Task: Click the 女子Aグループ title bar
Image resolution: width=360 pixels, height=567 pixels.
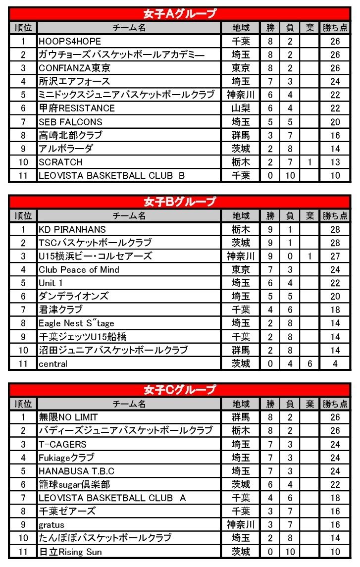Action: [180, 14]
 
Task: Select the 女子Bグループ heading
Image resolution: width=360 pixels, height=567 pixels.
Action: [180, 202]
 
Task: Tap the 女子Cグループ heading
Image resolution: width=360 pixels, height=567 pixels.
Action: [180, 390]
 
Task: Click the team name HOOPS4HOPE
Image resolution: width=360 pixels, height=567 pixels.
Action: [70, 41]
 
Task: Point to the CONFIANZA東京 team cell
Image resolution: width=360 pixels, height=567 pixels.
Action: [75, 68]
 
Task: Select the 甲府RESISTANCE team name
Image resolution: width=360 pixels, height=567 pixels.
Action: [77, 108]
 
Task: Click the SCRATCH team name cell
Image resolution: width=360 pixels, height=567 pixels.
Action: [61, 162]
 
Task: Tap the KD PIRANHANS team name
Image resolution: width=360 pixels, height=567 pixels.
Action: [72, 229]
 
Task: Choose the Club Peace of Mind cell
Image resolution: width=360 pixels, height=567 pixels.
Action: [79, 269]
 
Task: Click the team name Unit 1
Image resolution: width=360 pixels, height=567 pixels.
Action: [51, 283]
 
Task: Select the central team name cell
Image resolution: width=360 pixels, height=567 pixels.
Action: [53, 363]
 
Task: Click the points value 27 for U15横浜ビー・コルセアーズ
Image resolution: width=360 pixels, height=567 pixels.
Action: [335, 256]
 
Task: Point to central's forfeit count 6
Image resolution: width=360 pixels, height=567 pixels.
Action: [309, 363]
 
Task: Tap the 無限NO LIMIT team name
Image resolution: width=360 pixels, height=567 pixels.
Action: [68, 417]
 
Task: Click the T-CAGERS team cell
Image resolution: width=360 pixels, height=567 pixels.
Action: [63, 444]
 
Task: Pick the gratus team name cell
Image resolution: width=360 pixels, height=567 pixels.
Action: [51, 524]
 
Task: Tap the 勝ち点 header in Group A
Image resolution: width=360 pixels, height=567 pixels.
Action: [335, 28]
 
